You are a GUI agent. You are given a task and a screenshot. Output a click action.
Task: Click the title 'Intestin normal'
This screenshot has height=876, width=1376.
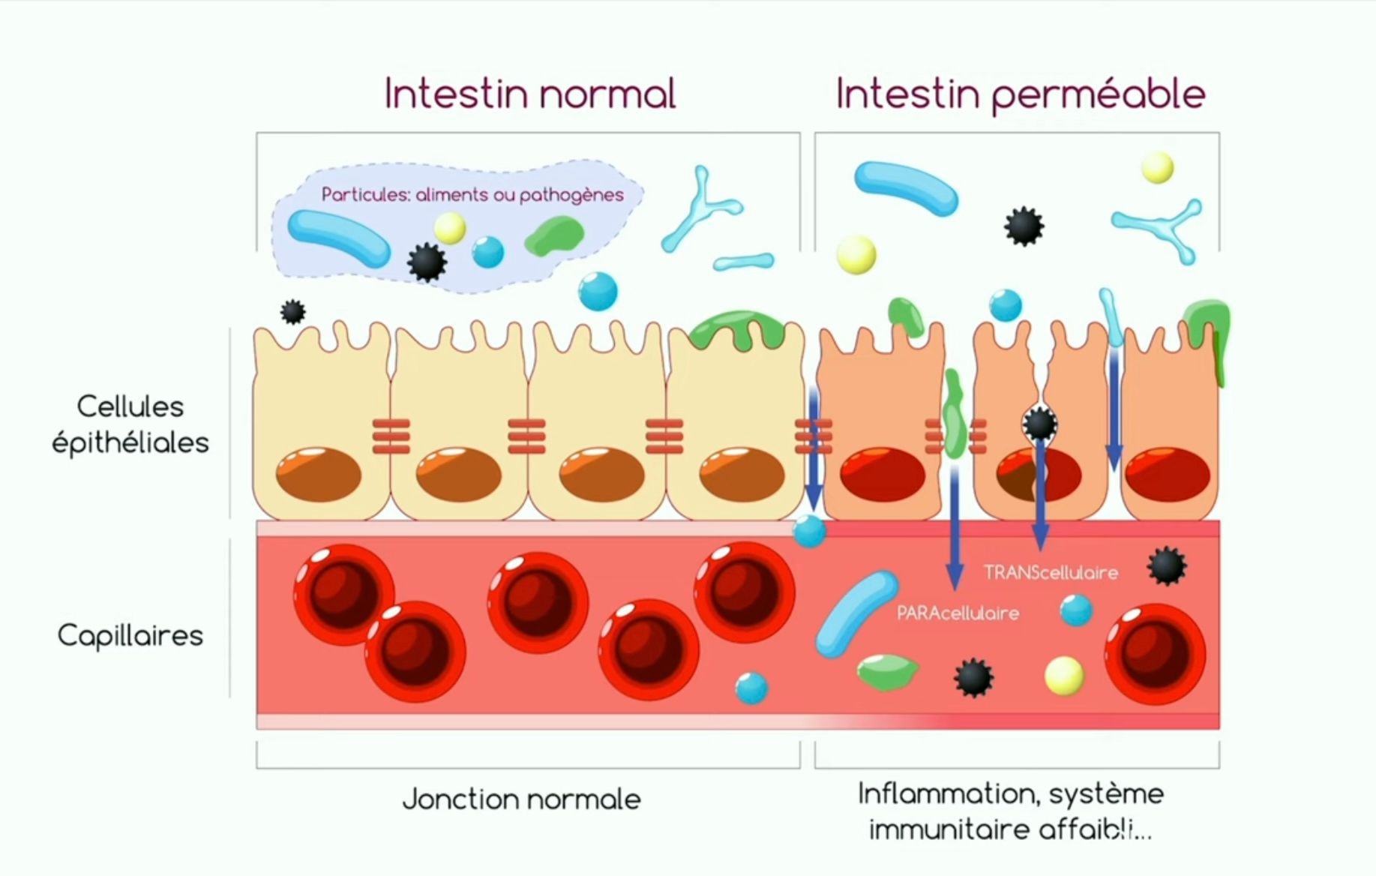(530, 94)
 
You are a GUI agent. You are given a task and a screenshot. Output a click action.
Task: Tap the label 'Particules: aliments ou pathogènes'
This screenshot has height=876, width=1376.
(472, 195)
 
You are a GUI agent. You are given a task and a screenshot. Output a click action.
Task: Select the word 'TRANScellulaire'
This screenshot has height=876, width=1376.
(1051, 573)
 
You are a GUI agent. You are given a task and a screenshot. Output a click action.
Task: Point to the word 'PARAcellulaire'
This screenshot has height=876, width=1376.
(958, 613)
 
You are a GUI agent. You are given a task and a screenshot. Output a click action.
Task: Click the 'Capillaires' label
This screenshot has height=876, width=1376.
(130, 636)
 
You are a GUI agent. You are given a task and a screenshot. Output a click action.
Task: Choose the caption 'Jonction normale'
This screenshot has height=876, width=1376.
(522, 799)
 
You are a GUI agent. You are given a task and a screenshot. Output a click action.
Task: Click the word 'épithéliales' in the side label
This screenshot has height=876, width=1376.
(130, 443)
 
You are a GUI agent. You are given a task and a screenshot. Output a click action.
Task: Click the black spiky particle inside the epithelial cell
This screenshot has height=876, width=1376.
(1040, 424)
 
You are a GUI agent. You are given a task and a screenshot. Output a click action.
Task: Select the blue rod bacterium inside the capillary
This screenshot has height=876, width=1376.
(855, 613)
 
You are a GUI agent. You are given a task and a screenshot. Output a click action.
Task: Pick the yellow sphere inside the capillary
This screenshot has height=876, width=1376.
(1064, 674)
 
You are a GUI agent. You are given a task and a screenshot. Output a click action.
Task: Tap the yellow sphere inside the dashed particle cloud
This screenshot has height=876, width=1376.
(450, 227)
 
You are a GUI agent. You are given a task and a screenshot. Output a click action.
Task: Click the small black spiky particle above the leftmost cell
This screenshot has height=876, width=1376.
(292, 311)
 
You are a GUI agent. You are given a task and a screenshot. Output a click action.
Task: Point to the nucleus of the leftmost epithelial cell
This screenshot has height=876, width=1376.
(319, 474)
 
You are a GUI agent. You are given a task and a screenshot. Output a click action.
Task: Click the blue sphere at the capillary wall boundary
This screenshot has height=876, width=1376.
(810, 531)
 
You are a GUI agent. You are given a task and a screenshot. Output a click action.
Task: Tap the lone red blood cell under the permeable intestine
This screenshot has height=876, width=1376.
(1154, 654)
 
